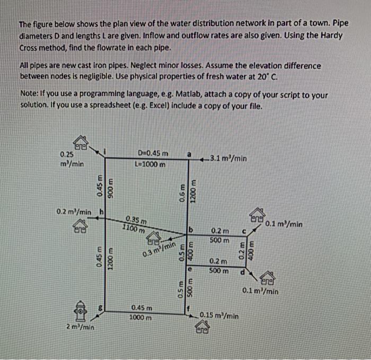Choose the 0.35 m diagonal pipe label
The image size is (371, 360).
[136, 220]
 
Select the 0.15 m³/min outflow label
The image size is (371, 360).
[219, 316]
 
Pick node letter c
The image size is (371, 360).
[244, 231]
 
